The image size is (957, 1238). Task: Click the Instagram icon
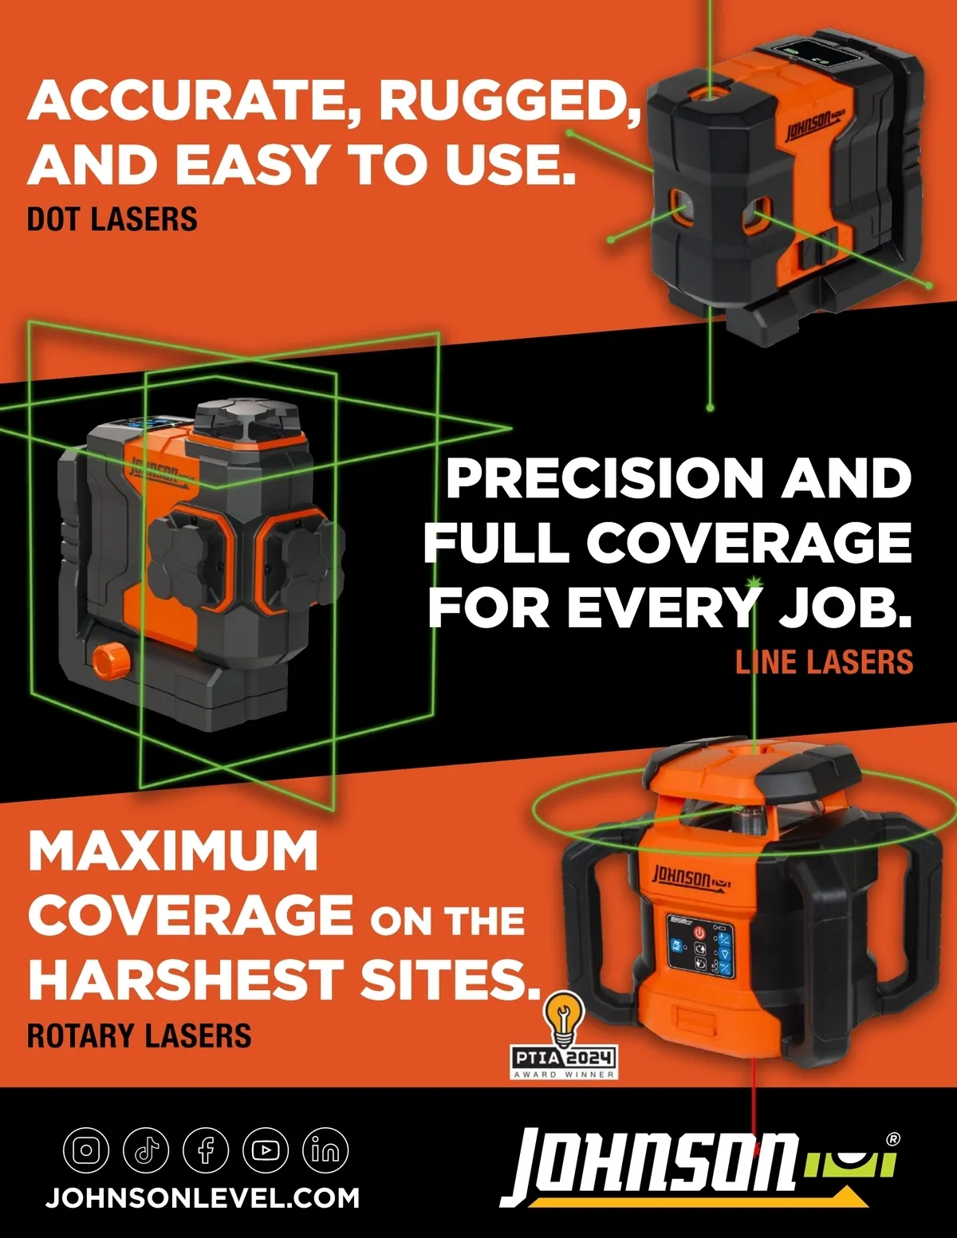click(x=86, y=1150)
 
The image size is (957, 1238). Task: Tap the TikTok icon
click(x=146, y=1150)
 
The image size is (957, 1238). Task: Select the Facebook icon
click(x=206, y=1150)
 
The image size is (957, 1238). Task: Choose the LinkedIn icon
click(x=325, y=1150)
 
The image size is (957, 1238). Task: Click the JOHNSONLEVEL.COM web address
click(x=203, y=1198)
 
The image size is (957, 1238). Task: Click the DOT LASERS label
click(x=112, y=218)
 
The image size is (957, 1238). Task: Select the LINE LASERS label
click(x=824, y=662)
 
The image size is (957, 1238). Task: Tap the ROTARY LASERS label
click(x=139, y=1036)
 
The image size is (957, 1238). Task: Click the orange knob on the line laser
click(x=111, y=660)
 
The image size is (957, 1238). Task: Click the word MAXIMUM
click(x=173, y=850)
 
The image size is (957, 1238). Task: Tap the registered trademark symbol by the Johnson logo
click(x=892, y=1139)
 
